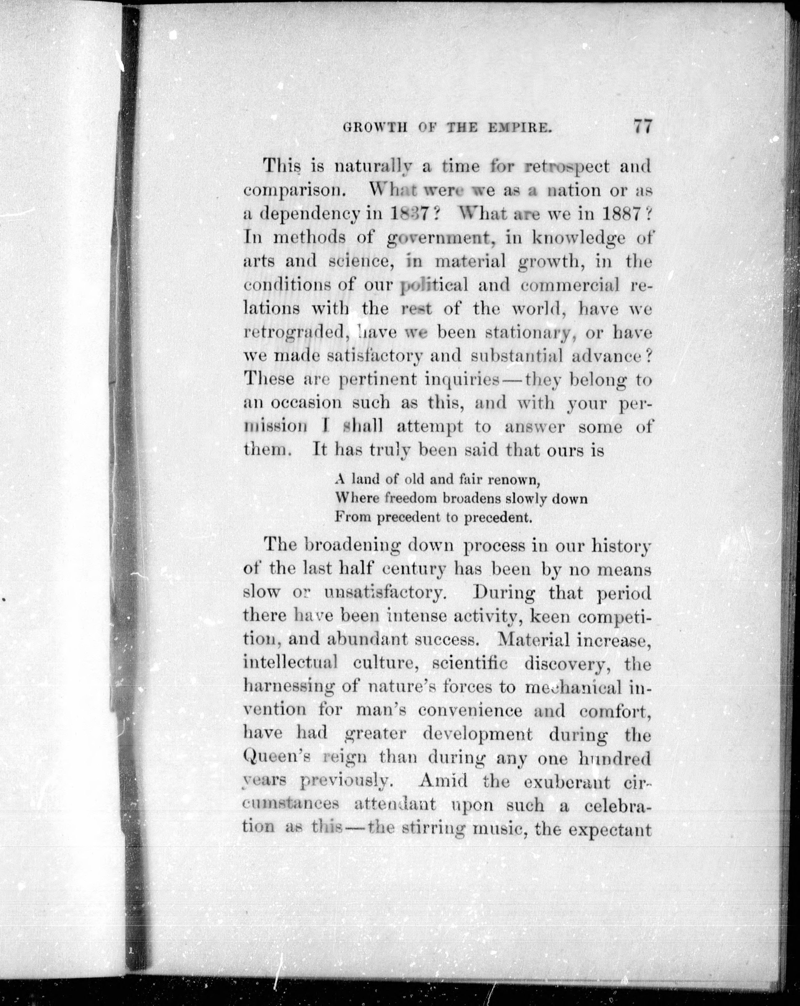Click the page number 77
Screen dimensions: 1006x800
coord(641,127)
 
